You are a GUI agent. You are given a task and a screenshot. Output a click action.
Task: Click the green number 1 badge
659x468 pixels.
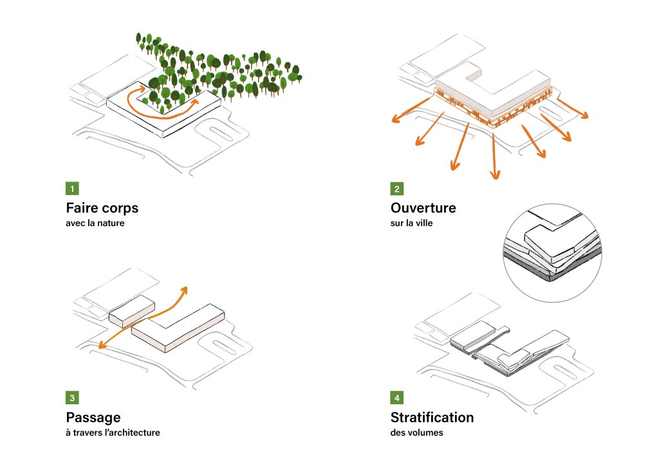click(x=73, y=189)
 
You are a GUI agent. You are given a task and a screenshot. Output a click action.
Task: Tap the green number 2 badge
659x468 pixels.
click(x=397, y=189)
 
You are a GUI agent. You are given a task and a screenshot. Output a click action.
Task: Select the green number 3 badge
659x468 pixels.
click(x=73, y=398)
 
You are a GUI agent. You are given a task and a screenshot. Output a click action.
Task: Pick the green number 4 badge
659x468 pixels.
click(x=397, y=398)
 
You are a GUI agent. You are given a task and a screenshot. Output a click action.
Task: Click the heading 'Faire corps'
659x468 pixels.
click(x=102, y=209)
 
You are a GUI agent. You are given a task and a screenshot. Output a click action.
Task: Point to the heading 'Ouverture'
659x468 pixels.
click(x=423, y=209)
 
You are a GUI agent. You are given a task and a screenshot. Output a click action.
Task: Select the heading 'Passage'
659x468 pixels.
click(x=93, y=418)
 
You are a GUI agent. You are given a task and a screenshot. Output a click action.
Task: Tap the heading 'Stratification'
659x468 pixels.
click(x=432, y=418)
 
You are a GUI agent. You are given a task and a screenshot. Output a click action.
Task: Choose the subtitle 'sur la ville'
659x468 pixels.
click(x=411, y=223)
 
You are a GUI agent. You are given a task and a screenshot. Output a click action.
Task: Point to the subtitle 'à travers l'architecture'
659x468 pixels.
click(x=113, y=433)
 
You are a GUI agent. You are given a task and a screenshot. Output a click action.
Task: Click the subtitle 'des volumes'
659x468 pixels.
click(x=416, y=433)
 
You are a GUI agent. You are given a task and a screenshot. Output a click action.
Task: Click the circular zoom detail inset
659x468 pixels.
click(x=551, y=254)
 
